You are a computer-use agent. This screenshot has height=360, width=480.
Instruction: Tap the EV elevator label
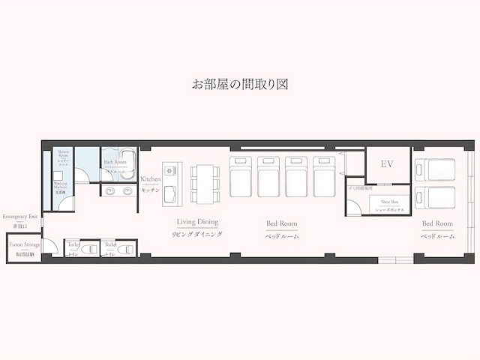click(x=387, y=164)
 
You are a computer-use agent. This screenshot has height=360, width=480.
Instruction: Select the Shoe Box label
click(x=388, y=202)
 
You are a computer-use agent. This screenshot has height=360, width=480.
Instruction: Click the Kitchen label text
click(x=151, y=179)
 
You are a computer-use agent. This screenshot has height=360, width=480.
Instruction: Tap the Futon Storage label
click(x=25, y=244)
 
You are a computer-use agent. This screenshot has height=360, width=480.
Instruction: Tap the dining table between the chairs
click(x=205, y=184)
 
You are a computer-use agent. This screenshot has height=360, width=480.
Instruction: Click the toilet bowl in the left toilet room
click(x=87, y=250)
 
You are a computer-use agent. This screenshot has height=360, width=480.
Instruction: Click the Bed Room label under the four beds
click(x=282, y=223)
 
